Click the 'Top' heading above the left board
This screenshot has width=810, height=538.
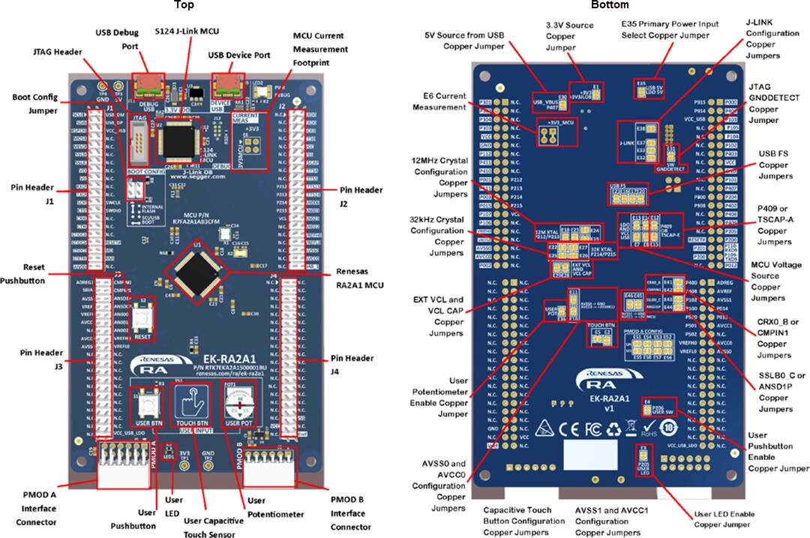coord(184,5)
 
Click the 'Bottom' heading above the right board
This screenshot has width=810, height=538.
coord(610,5)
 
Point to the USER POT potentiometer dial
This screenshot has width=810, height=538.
coord(241,405)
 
